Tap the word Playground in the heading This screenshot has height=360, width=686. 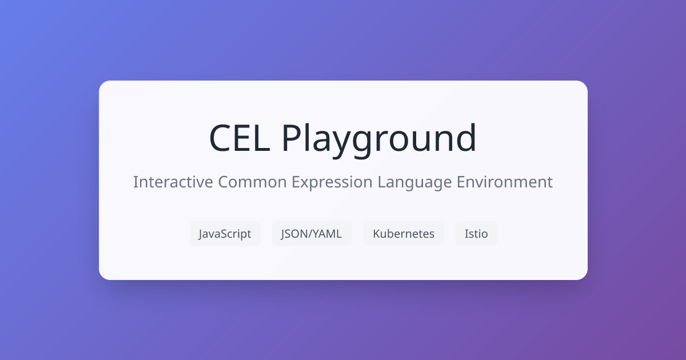click(379, 138)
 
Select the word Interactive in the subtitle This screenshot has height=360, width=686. click(173, 182)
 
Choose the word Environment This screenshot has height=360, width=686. click(505, 182)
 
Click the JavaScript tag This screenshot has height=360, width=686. click(225, 234)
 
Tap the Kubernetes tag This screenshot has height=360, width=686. click(404, 234)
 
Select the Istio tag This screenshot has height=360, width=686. click(476, 234)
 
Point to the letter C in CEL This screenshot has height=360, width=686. click(221, 138)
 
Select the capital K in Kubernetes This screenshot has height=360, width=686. click(376, 234)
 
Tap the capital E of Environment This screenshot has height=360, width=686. click(461, 182)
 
